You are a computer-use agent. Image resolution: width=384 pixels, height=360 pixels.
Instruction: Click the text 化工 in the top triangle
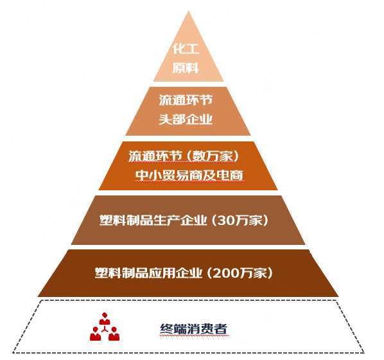tap(186, 49)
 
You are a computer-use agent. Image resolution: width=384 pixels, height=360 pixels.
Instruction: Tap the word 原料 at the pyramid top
tap(186, 67)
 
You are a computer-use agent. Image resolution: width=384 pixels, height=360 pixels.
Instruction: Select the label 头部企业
tap(186, 120)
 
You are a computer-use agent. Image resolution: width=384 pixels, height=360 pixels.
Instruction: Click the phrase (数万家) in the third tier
tap(212, 156)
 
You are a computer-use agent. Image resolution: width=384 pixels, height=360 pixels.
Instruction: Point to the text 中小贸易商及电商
tap(189, 175)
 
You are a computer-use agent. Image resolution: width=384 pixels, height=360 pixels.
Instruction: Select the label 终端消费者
tap(194, 329)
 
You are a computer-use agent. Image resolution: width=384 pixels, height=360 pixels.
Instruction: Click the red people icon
tap(105, 327)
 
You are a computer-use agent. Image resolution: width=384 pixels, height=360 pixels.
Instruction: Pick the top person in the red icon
tap(105, 318)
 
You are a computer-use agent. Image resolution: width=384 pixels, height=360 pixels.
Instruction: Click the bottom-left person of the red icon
tap(95, 334)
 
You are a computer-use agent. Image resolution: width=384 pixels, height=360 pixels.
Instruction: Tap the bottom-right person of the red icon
tap(114, 334)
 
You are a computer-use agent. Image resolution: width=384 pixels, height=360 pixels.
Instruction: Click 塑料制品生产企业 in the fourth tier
tap(153, 221)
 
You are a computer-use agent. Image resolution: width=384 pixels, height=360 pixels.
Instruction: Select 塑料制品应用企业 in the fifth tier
tap(148, 273)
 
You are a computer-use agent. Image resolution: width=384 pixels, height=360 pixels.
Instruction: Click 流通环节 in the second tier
tap(186, 100)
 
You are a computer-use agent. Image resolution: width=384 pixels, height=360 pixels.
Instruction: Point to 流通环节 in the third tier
tap(155, 156)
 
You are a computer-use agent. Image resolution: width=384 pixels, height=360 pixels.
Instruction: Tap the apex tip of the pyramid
tap(188, 11)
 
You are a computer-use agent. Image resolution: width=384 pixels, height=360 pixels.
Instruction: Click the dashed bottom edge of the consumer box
tap(188, 353)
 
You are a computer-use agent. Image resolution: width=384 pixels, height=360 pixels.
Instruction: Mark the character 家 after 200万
tap(260, 273)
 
